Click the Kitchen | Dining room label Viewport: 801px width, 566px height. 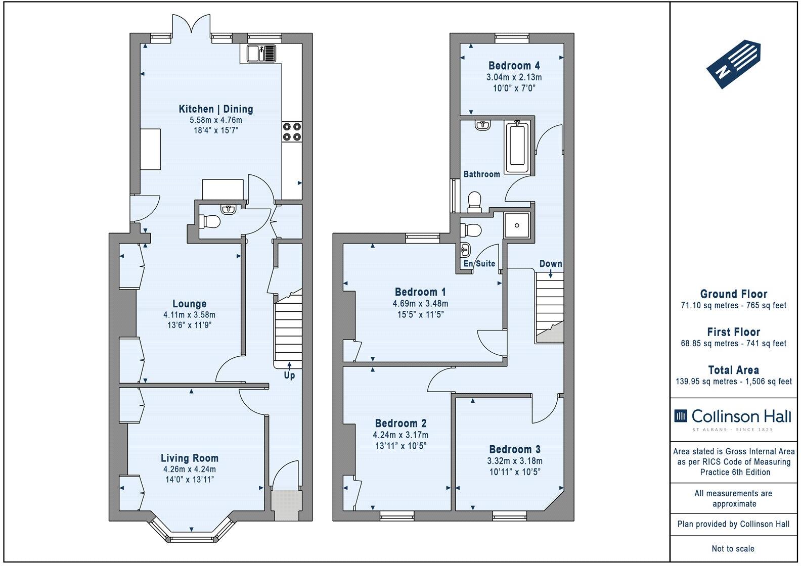click(215, 109)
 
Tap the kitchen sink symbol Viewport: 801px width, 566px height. click(261, 53)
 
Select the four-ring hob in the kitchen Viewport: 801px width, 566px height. click(292, 131)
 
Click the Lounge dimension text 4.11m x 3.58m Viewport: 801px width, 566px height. click(190, 315)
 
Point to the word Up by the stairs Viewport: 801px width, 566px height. click(289, 375)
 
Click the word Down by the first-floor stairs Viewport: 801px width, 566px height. click(550, 264)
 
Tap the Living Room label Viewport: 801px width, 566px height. click(190, 458)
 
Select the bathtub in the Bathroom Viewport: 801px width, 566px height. click(517, 146)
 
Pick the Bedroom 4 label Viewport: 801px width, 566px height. click(514, 66)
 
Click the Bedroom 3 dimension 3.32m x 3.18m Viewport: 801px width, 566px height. click(514, 461)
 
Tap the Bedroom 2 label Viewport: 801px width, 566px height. click(401, 423)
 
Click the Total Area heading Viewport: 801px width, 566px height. click(733, 370)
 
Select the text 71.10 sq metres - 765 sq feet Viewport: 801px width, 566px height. click(733, 305)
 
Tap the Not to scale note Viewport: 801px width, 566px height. click(733, 548)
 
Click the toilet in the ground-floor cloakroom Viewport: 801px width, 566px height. click(210, 222)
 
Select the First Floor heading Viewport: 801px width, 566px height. click(733, 332)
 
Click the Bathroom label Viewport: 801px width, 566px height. click(481, 174)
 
